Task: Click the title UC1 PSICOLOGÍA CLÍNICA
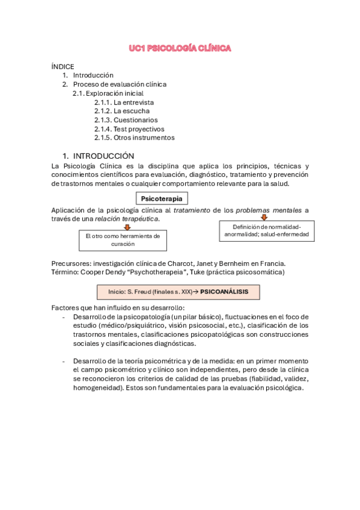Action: tap(180, 48)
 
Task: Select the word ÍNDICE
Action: tap(63, 66)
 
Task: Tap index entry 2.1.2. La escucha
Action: tap(122, 111)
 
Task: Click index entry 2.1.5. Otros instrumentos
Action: tap(134, 137)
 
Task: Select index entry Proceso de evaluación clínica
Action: tap(120, 84)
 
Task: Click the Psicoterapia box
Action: tap(162, 198)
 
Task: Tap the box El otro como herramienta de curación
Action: tap(123, 240)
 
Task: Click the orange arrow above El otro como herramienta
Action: tap(127, 227)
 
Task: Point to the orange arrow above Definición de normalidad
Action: tap(263, 217)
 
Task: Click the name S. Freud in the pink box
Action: tap(134, 292)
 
